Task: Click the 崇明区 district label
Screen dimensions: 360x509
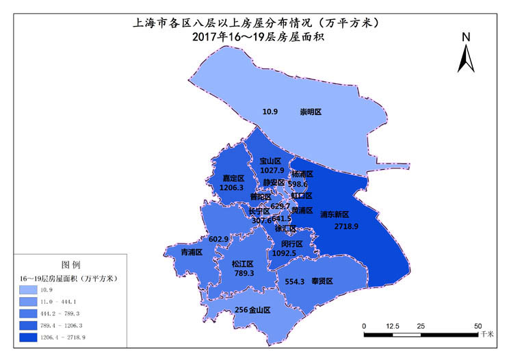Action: [311, 112]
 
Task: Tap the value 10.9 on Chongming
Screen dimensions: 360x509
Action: [271, 112]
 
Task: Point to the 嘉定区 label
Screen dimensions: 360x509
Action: [233, 177]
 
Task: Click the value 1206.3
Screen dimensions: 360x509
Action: [232, 188]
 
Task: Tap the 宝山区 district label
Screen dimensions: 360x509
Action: [270, 161]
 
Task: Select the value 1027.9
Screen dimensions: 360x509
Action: [272, 170]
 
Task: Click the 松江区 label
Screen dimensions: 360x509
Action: [242, 263]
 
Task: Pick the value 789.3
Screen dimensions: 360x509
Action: [244, 273]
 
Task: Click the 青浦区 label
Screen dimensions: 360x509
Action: [191, 253]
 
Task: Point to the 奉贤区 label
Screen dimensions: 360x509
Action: [322, 281]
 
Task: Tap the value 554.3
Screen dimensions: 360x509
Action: [294, 281]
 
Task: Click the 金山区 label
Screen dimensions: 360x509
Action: [260, 310]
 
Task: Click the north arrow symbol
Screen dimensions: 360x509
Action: [466, 55]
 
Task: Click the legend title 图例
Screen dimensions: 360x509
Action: [71, 264]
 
